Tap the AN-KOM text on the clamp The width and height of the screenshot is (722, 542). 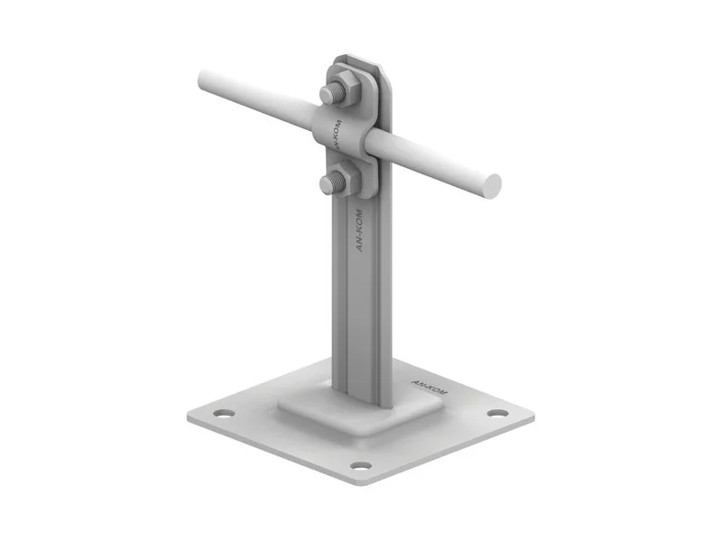pyautogui.click(x=338, y=135)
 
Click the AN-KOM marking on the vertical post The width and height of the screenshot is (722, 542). pyautogui.click(x=359, y=230)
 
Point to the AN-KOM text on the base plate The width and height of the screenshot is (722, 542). pyautogui.click(x=429, y=388)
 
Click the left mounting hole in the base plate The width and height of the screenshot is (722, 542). pyautogui.click(x=224, y=413)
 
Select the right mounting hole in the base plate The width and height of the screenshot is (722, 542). pyautogui.click(x=498, y=413)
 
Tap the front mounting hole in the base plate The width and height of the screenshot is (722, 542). pyautogui.click(x=360, y=465)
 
